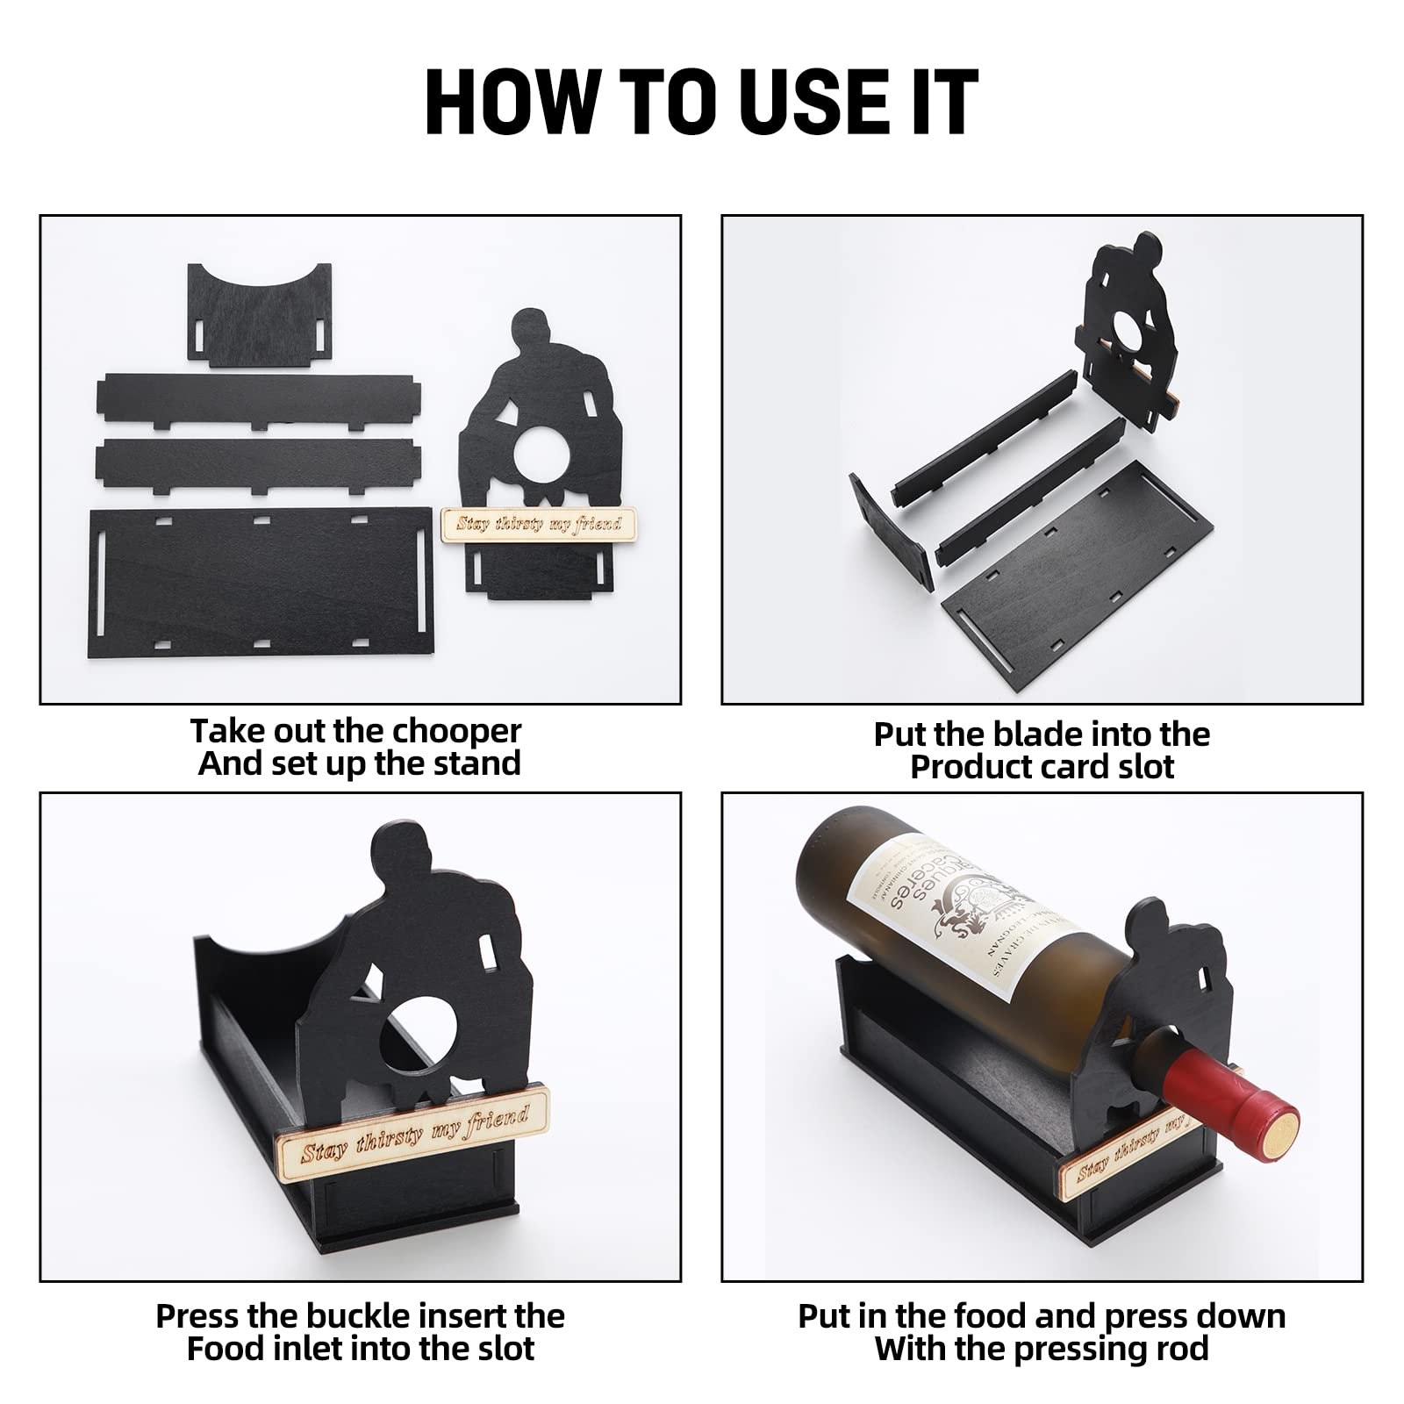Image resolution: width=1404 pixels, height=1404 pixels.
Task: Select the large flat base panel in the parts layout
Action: pyautogui.click(x=261, y=580)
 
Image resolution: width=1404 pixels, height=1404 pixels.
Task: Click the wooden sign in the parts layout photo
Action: pyautogui.click(x=539, y=524)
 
